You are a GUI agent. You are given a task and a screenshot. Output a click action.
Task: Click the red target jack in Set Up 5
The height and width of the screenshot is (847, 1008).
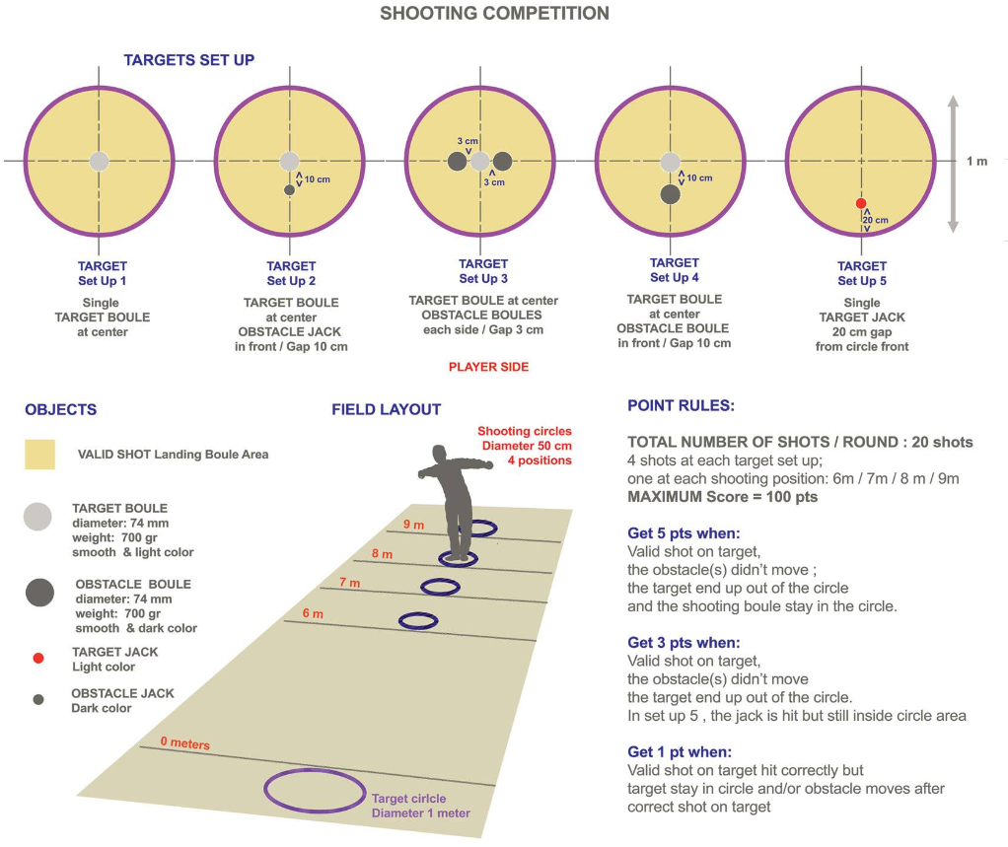point(861,202)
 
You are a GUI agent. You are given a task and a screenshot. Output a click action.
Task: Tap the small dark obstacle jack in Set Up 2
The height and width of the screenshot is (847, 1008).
point(289,188)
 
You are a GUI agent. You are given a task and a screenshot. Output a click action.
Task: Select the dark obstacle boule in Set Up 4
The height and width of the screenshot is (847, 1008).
point(671,194)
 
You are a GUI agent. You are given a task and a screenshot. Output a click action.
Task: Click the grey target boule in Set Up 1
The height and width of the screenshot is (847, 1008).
point(99,162)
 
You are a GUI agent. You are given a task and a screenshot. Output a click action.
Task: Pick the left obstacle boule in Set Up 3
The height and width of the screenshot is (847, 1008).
point(457,161)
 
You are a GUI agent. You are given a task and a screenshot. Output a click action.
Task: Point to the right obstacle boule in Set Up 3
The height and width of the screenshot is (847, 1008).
point(502,161)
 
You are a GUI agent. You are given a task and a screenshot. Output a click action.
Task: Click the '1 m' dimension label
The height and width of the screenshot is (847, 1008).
point(976,161)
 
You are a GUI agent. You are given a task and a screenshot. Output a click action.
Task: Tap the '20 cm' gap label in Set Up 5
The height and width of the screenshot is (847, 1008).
point(876,220)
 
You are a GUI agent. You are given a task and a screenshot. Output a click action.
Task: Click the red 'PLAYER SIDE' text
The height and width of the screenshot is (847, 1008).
point(488,367)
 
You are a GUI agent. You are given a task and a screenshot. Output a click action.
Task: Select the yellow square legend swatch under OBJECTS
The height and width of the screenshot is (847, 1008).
point(40,455)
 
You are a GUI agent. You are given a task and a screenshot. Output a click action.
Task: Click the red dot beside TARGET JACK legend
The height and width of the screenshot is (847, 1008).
point(37,658)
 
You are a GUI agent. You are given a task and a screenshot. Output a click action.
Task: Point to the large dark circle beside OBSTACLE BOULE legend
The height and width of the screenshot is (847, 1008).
point(39,592)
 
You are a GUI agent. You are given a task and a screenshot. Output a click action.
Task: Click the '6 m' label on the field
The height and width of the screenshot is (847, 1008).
point(312,613)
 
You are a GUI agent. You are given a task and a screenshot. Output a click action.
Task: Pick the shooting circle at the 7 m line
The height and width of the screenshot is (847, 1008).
point(440,587)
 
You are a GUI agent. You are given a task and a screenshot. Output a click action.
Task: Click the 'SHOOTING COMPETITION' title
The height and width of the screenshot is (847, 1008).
point(494,14)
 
